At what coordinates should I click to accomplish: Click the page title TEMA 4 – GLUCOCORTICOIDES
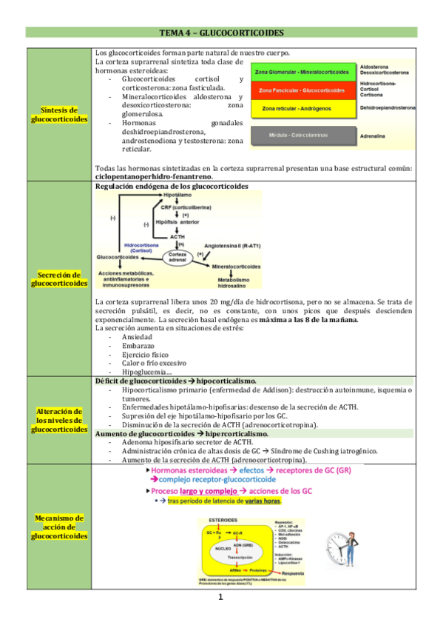pyautogui.click(x=221, y=33)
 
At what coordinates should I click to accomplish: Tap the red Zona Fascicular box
pyautogui.click(x=302, y=90)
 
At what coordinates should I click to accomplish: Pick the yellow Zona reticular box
pyautogui.click(x=302, y=109)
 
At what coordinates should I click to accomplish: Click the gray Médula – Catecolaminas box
pyautogui.click(x=302, y=136)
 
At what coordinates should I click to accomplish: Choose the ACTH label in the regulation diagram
pyautogui.click(x=177, y=236)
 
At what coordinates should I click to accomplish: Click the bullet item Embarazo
pyautogui.click(x=135, y=345)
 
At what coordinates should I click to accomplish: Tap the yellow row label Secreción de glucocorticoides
pyautogui.click(x=60, y=278)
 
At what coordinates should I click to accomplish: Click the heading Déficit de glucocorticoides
pyautogui.click(x=176, y=381)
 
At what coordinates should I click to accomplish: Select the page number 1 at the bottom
pyautogui.click(x=221, y=597)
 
